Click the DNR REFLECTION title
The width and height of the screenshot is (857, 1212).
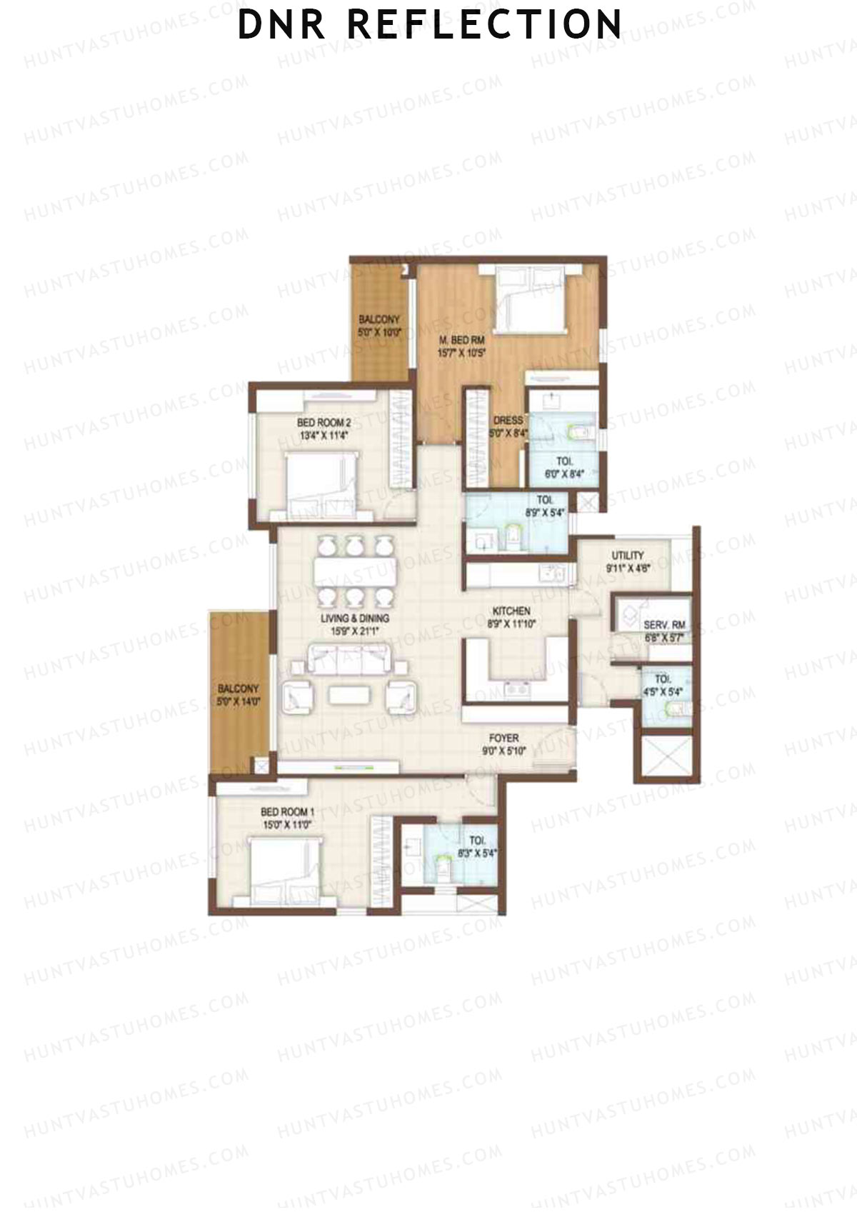[429, 24]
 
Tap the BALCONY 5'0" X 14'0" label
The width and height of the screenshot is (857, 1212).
[238, 695]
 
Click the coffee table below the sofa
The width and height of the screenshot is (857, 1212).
[349, 695]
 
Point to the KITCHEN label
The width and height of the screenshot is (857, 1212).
[511, 611]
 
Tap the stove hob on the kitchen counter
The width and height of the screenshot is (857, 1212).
[516, 689]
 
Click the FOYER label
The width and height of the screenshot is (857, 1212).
[503, 738]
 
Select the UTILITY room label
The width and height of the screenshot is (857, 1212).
[627, 555]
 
